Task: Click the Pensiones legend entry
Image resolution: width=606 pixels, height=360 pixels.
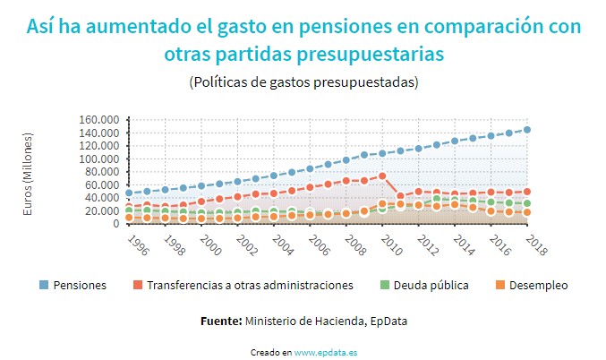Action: pyautogui.click(x=79, y=285)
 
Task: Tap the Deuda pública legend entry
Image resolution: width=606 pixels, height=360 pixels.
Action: pyautogui.click(x=436, y=285)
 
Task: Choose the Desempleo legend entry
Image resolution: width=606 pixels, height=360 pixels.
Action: pyautogui.click(x=537, y=285)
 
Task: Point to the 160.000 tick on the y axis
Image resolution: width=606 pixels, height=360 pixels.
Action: pyautogui.click(x=98, y=120)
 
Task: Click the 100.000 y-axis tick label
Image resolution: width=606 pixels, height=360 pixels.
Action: pyautogui.click(x=98, y=159)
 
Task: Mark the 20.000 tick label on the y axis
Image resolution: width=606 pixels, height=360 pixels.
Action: pyautogui.click(x=101, y=211)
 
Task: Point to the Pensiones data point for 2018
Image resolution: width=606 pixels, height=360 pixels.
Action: pyautogui.click(x=527, y=130)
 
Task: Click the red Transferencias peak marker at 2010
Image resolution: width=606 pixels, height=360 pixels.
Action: pyautogui.click(x=382, y=176)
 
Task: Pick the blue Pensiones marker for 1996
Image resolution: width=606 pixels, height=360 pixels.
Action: pyautogui.click(x=129, y=193)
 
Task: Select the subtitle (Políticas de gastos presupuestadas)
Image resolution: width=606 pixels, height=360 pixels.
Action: pyautogui.click(x=303, y=81)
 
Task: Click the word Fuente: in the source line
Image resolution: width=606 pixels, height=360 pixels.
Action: pyautogui.click(x=220, y=319)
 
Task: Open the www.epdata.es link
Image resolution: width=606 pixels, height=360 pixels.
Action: pyautogui.click(x=326, y=352)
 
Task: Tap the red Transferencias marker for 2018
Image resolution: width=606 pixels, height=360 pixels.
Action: pyautogui.click(x=527, y=192)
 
